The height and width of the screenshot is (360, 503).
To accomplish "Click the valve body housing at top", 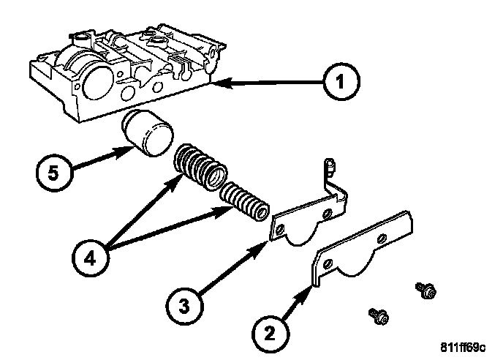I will (x=124, y=70).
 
